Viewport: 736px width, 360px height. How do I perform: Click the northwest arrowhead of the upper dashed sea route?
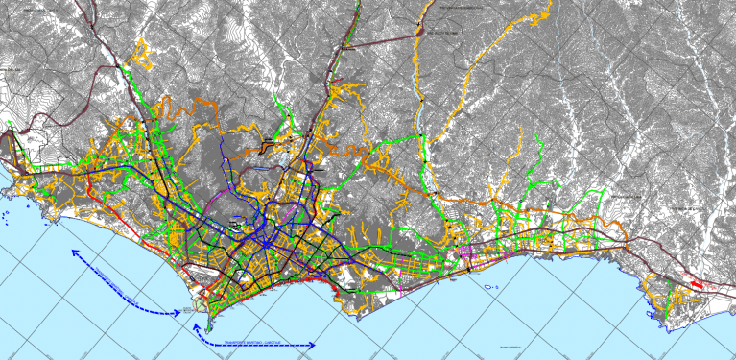point(72,252)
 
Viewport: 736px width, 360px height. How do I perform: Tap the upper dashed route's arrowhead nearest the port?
point(180,312)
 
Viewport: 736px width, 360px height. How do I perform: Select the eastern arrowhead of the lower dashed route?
point(315,343)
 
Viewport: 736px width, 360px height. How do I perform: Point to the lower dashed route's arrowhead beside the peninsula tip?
point(195,326)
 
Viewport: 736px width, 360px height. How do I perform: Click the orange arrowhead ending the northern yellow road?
point(549,14)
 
